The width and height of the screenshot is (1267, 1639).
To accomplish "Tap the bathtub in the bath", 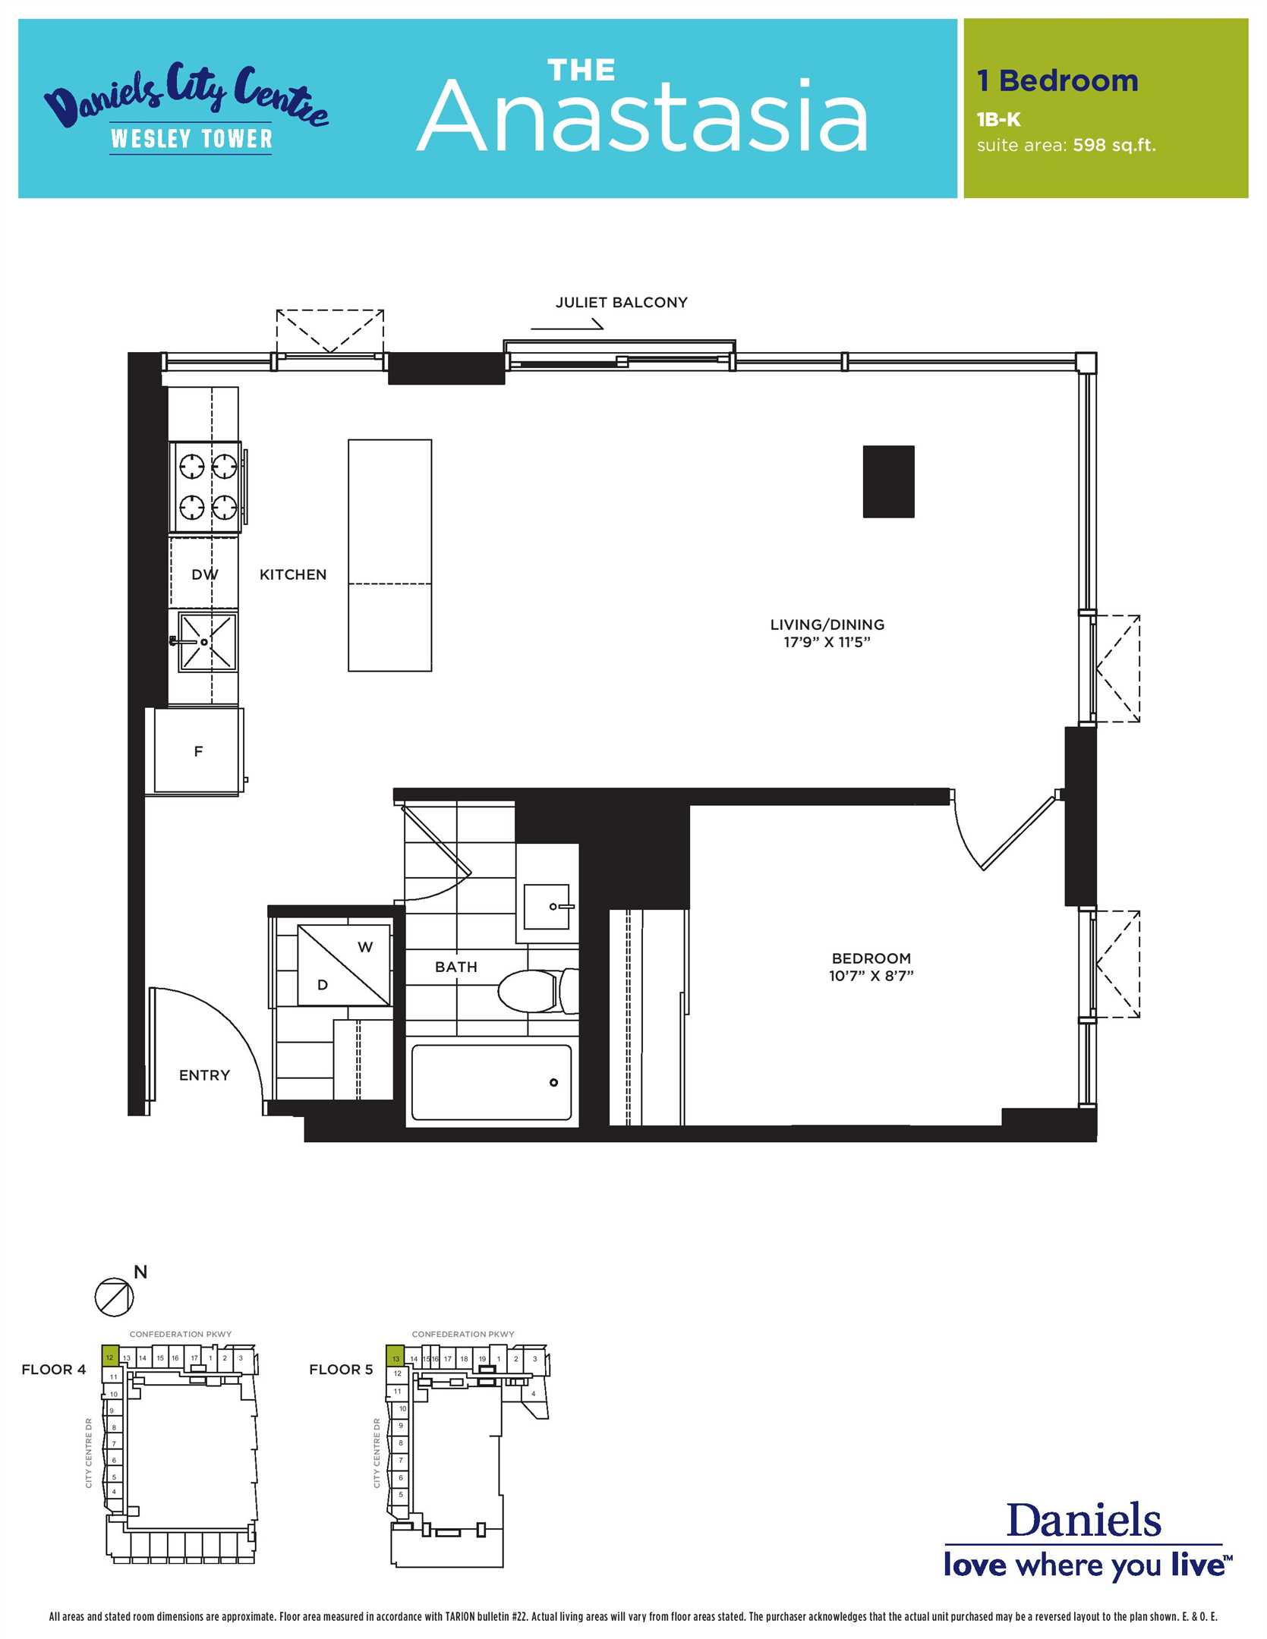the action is pos(491,1082).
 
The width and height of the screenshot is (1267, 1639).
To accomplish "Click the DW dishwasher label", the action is pos(204,574).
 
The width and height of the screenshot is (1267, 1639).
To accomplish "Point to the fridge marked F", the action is pos(198,751).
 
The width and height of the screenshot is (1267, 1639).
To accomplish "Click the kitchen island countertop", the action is pos(389,555).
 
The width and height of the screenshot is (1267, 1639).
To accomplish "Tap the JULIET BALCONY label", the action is pos(621,302).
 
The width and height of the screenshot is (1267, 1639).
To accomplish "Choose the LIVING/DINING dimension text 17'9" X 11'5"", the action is pos(827,642).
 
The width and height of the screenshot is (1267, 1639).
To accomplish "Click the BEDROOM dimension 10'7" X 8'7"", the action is pos(871,975).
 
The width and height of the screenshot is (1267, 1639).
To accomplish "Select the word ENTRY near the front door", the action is pos(204,1074).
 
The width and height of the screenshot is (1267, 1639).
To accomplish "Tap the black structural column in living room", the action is pos(888,481).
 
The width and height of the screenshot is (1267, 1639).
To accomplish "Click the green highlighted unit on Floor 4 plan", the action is pos(109,1357).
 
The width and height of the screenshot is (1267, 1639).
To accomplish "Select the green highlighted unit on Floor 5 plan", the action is pos(396,1357).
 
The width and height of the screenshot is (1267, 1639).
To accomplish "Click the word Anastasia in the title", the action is pos(642,116).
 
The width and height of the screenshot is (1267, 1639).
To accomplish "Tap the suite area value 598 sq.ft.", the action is pos(1114,145).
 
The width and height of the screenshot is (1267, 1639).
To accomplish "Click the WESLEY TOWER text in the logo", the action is pos(191,138).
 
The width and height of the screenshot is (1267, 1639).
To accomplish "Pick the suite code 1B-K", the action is pos(998,119).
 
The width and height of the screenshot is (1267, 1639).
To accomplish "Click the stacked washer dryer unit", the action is pos(344,964).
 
